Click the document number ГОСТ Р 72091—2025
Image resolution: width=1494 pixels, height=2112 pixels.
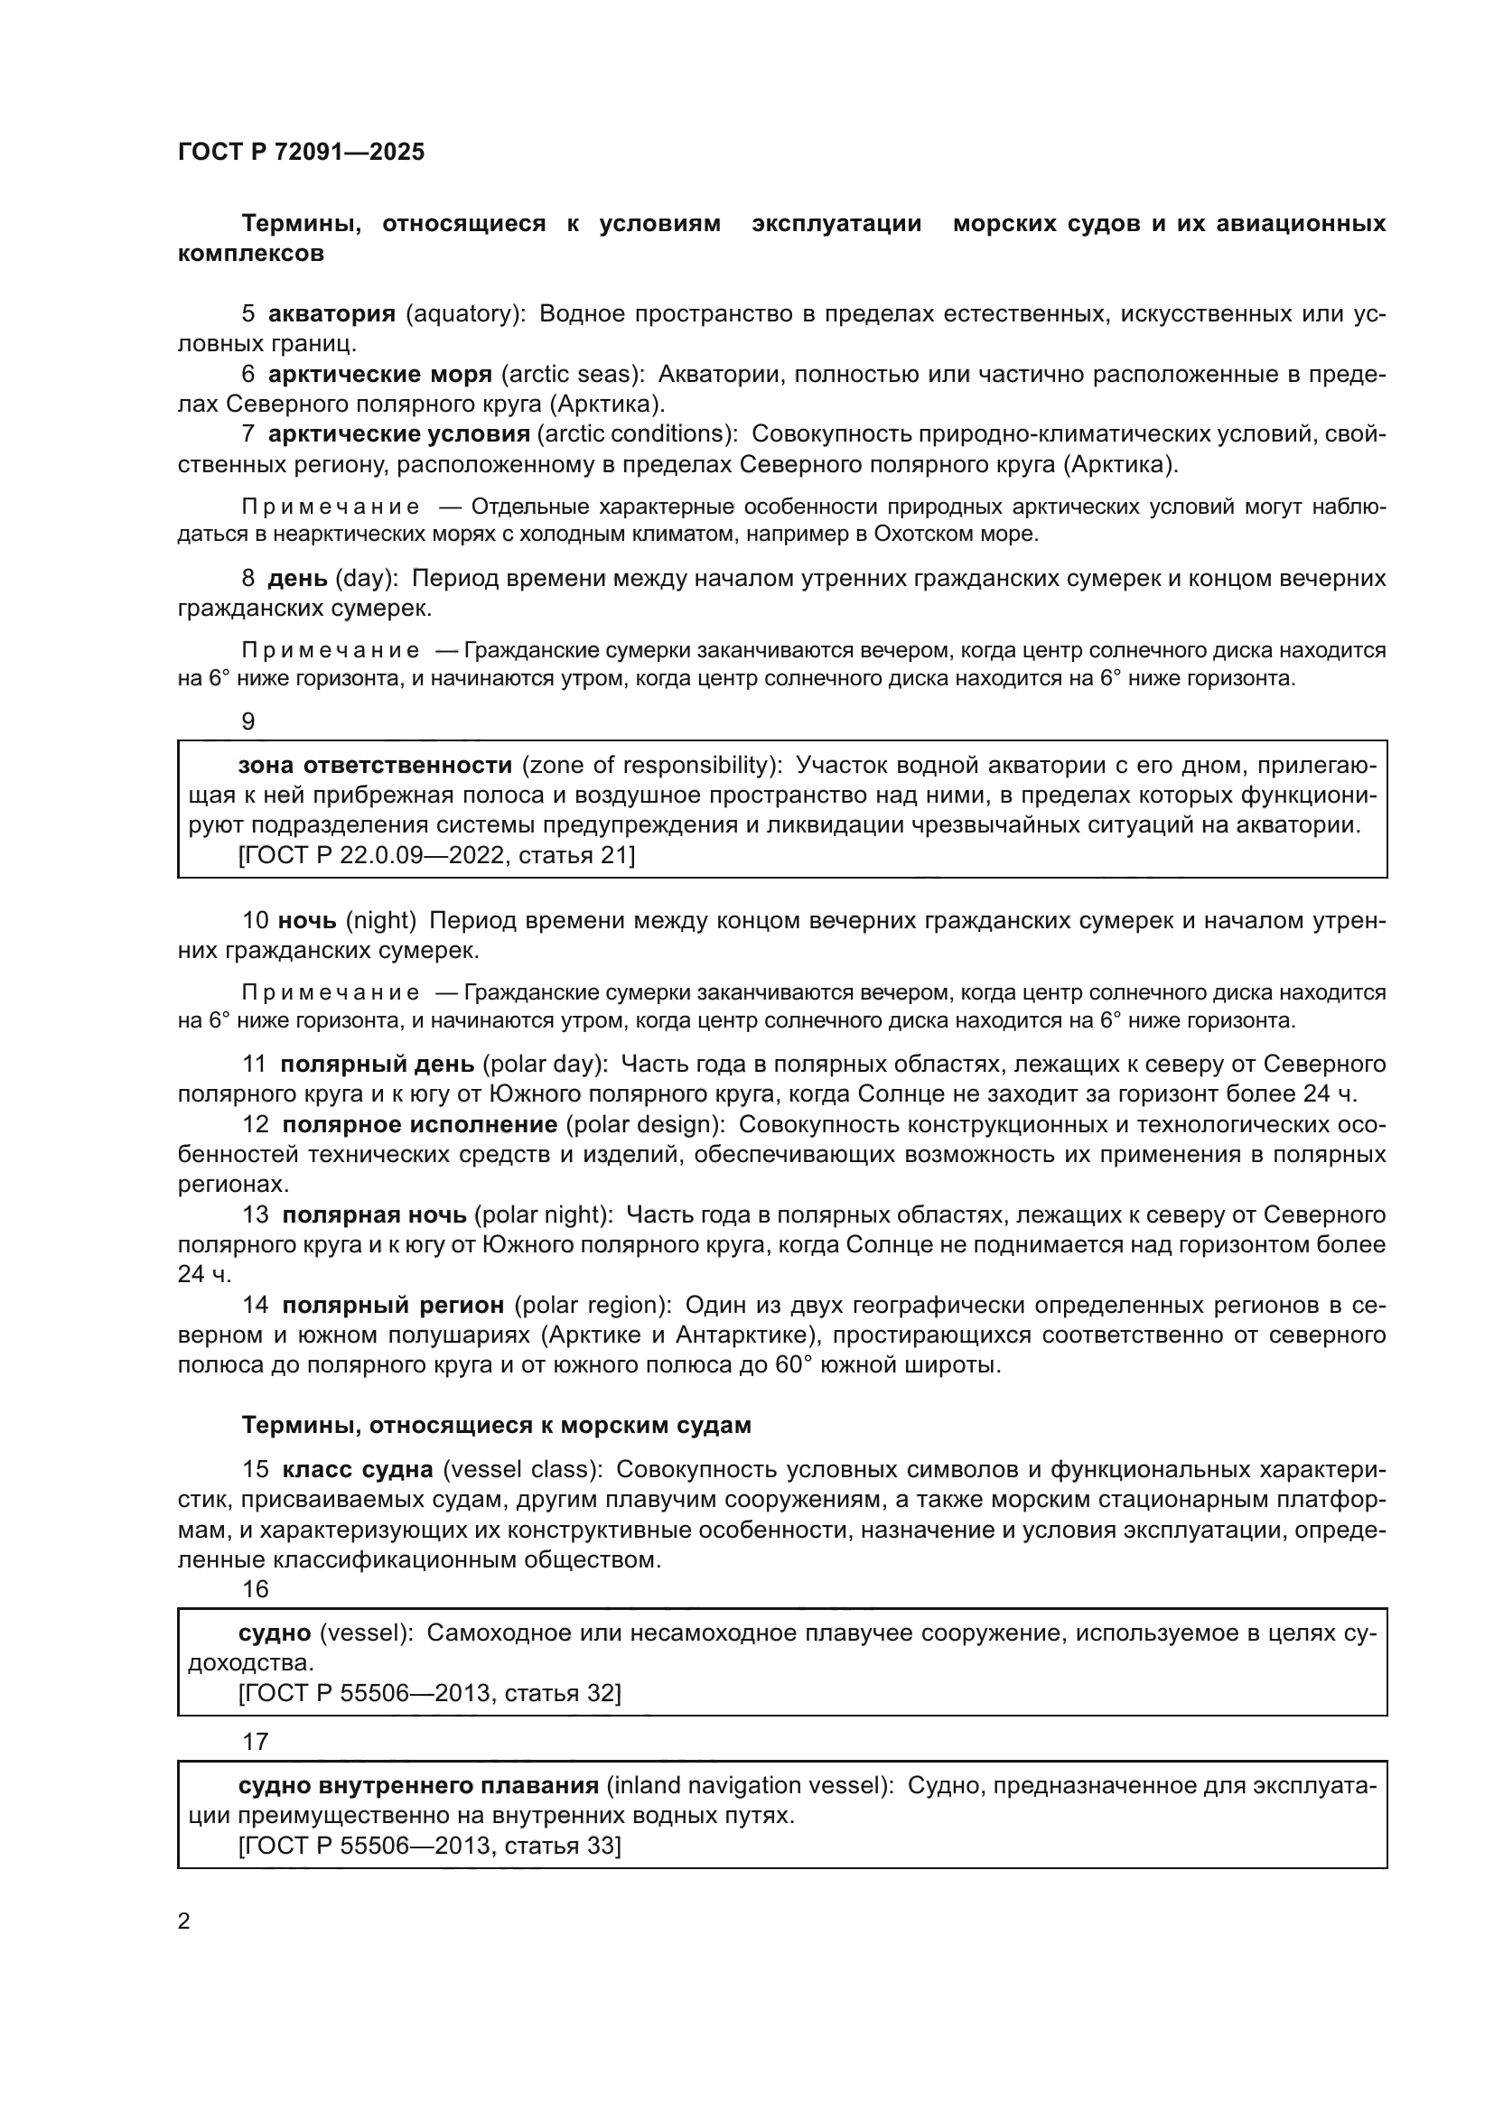coord(301,152)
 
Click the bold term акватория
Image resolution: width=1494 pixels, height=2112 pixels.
coord(331,313)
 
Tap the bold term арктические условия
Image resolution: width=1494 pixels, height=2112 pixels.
coord(398,434)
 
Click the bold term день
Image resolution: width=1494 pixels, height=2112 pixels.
coord(297,579)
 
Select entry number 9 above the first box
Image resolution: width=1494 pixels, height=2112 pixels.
coord(248,722)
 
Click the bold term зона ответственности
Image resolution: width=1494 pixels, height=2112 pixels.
coord(375,766)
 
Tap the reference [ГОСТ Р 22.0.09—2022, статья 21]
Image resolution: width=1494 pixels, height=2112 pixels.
coord(436,855)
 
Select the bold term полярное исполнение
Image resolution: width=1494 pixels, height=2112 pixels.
coord(419,1125)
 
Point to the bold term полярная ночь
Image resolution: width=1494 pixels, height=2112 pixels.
coord(375,1215)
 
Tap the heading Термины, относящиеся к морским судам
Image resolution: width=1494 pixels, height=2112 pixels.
coord(496,1426)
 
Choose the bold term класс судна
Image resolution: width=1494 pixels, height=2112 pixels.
coord(358,1470)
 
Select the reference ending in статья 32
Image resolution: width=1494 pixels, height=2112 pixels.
coord(430,1693)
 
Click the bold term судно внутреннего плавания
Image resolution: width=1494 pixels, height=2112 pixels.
coord(418,1785)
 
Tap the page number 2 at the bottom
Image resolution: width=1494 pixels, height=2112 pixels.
coord(184,1921)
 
